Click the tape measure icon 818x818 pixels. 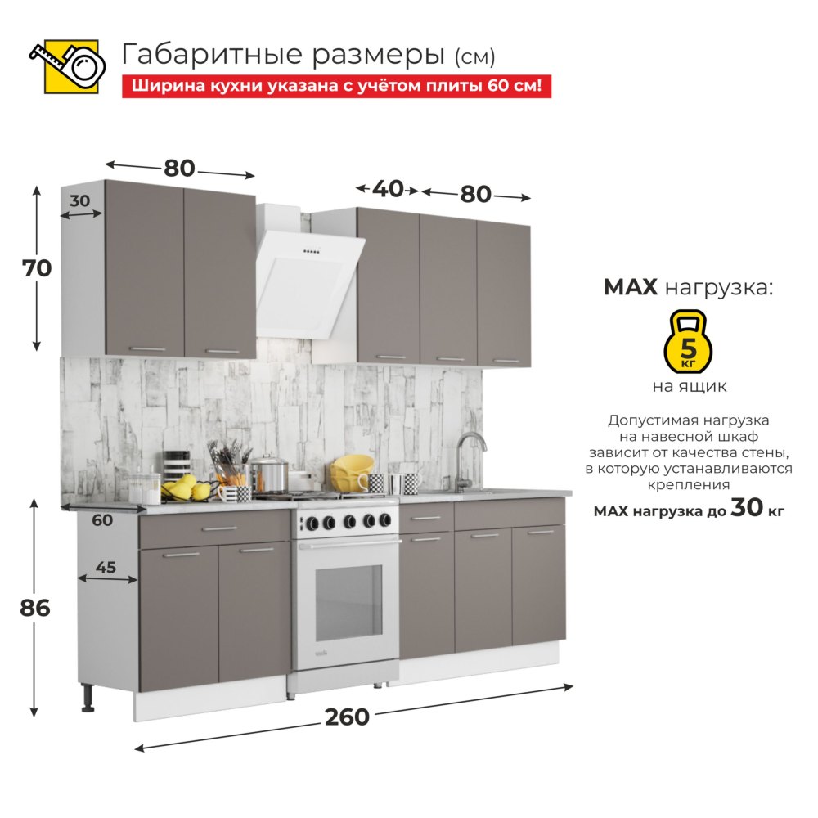[x=68, y=66]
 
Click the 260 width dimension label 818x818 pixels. [x=347, y=717]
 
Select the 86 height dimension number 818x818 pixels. [x=35, y=609]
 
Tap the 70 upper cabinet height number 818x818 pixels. [x=37, y=268]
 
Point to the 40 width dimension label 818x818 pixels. [x=388, y=189]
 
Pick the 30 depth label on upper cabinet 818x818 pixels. [x=80, y=201]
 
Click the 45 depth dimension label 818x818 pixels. [x=106, y=567]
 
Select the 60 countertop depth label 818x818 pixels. [x=102, y=520]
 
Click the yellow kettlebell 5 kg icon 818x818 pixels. [x=688, y=341]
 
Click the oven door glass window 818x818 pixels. [x=349, y=603]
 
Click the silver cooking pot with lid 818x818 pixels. [x=268, y=474]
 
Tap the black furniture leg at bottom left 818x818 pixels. [x=88, y=698]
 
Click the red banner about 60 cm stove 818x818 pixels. [x=336, y=86]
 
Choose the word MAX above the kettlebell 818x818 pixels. [x=630, y=287]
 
